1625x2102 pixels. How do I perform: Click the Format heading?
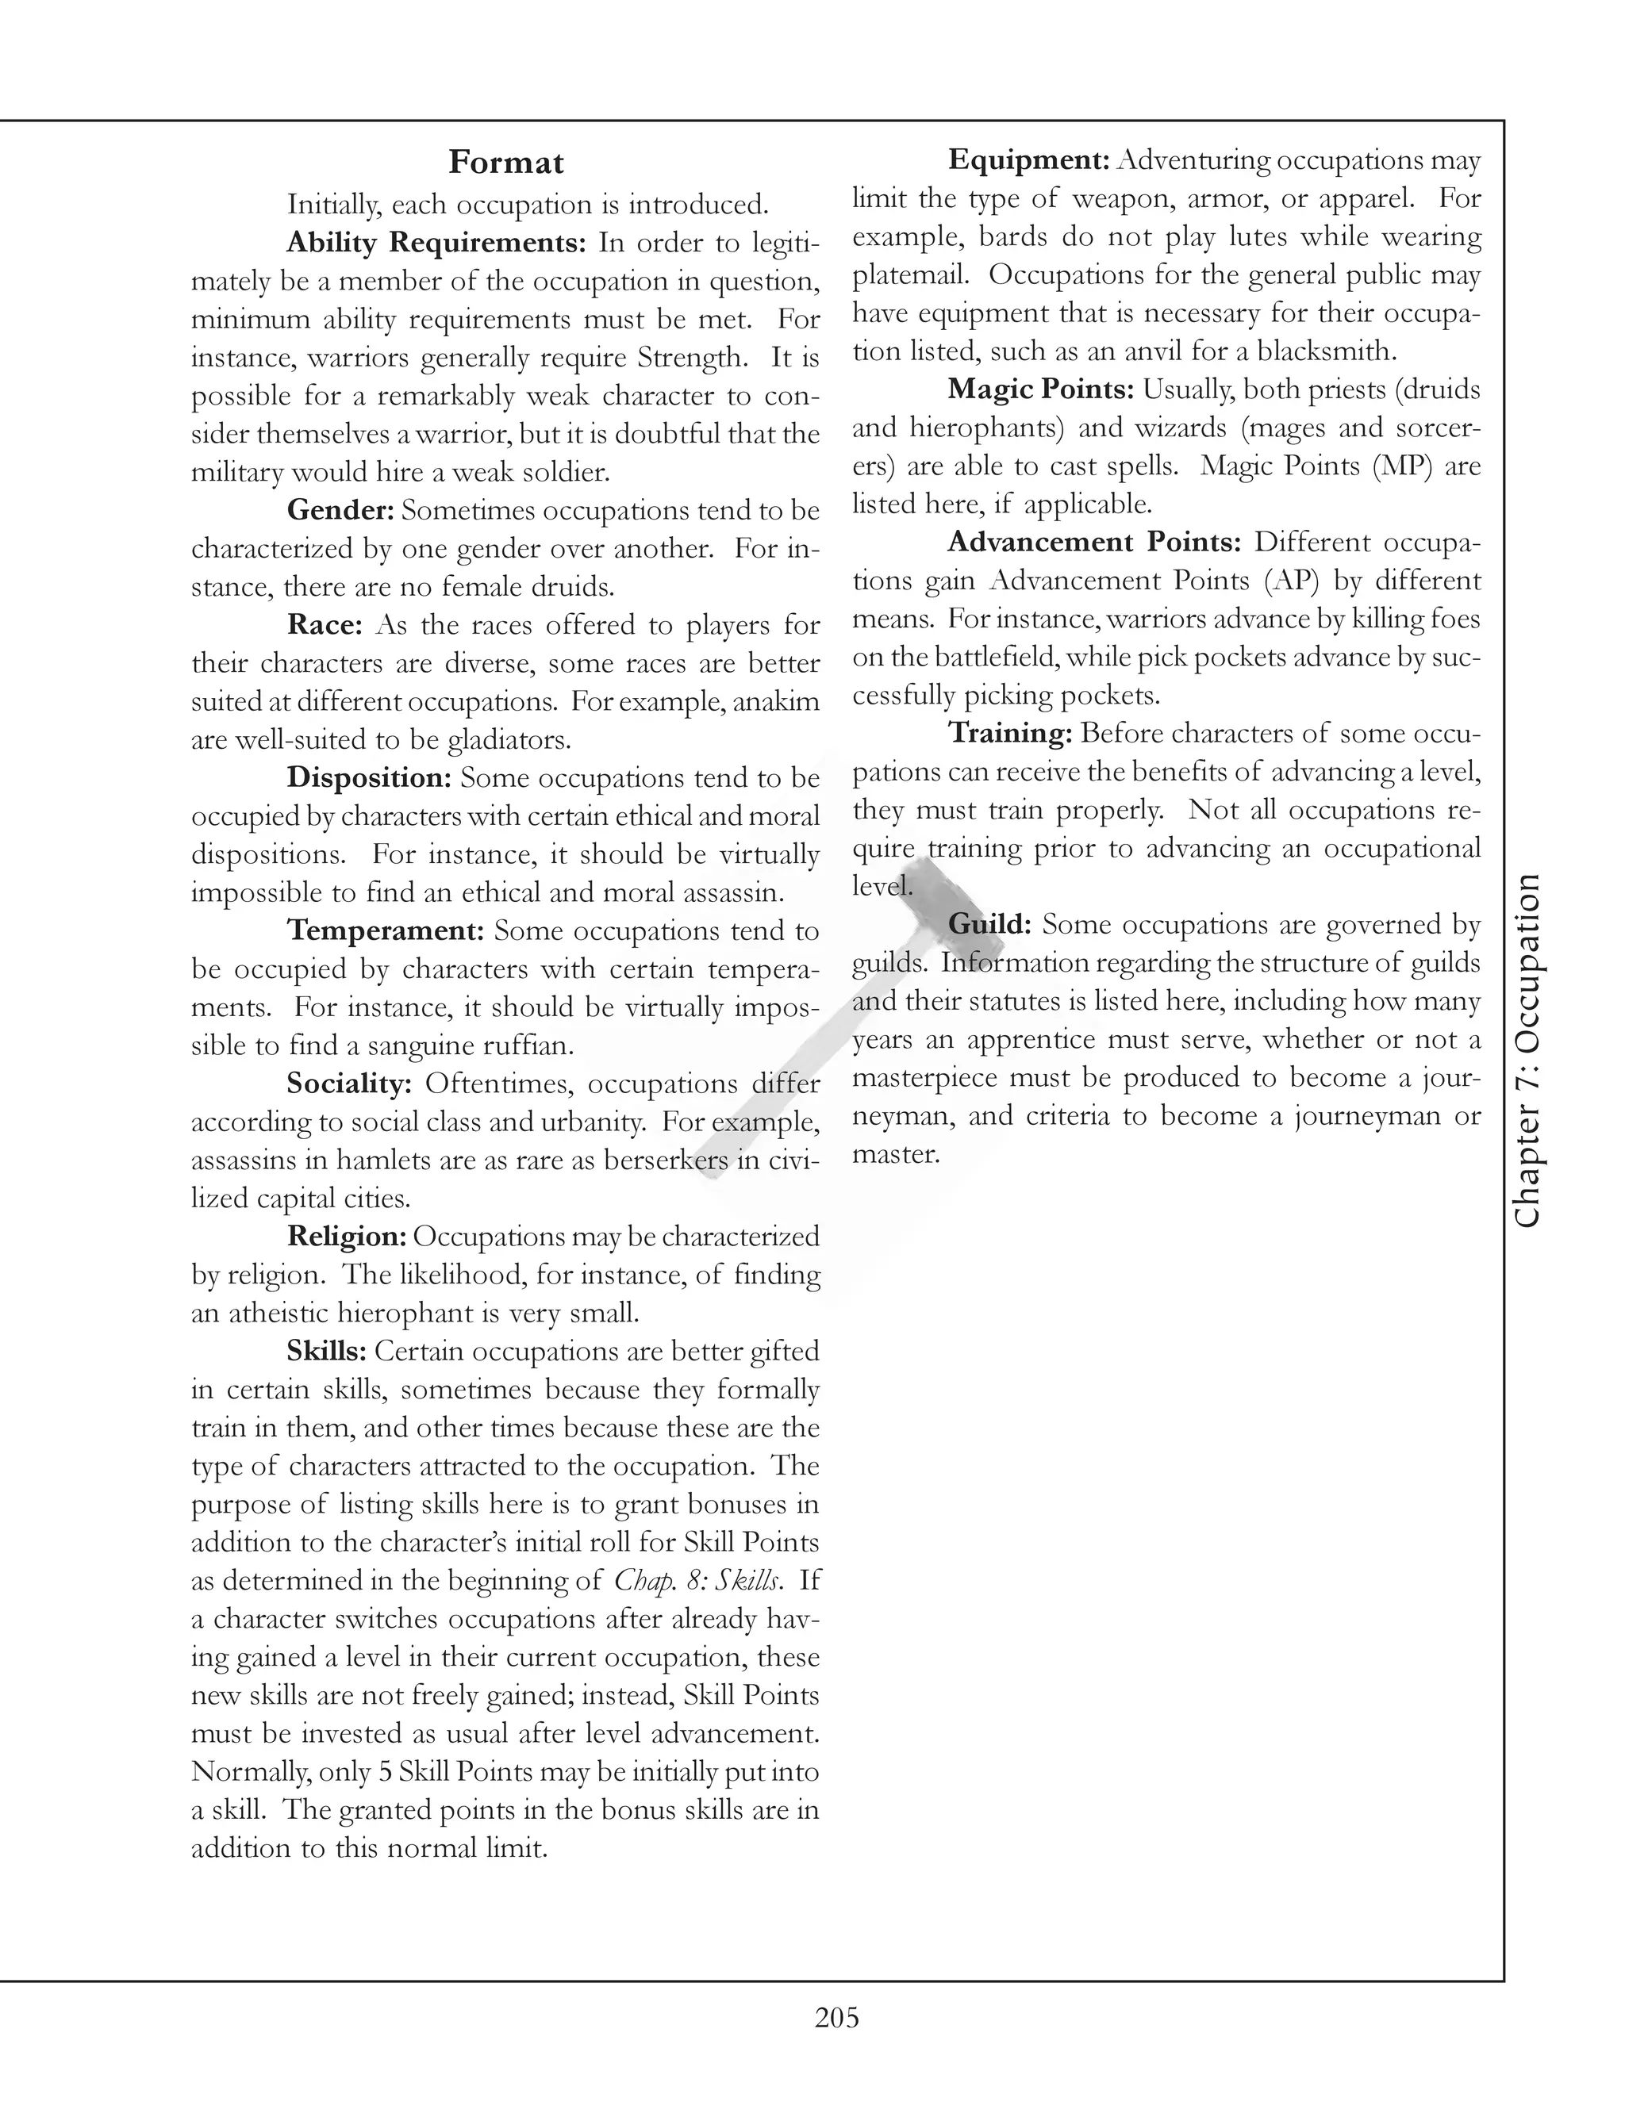point(505,163)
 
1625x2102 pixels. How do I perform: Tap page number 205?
point(836,2016)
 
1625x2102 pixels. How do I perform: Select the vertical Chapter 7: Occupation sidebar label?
point(1527,1050)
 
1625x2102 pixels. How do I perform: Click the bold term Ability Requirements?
point(436,243)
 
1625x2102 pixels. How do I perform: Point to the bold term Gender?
point(340,510)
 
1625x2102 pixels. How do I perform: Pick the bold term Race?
point(325,624)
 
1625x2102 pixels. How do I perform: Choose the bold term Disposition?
point(369,777)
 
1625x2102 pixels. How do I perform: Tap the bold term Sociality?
point(349,1084)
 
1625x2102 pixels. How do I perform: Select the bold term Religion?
point(347,1237)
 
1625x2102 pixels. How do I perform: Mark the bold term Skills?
point(326,1352)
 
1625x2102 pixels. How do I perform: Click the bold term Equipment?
point(1030,159)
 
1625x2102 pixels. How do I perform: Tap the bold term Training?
point(1010,734)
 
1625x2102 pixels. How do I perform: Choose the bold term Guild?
point(989,924)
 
